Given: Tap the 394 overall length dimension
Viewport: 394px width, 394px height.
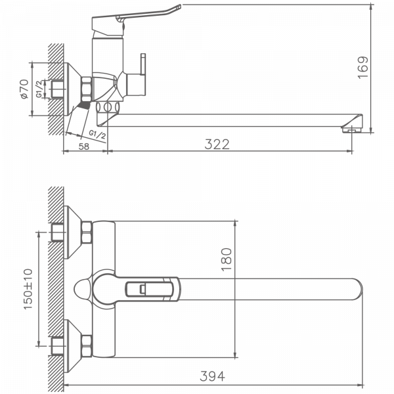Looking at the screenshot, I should (212, 376).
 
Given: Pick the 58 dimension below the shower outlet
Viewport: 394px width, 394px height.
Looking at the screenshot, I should (84, 146).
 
